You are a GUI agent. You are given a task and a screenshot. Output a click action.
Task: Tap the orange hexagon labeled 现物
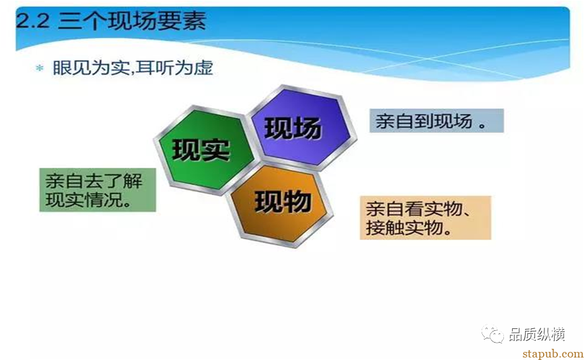[282, 202]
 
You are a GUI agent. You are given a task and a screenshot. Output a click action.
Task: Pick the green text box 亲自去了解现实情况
[97, 190]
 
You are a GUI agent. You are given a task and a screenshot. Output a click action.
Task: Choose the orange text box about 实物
[425, 218]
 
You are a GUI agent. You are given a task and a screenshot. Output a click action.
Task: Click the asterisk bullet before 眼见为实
[40, 69]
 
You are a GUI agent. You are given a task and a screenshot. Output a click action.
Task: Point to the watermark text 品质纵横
[537, 335]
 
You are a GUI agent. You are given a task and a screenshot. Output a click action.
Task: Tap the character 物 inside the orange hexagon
[297, 202]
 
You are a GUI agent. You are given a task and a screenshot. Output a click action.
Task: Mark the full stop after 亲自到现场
[482, 123]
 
